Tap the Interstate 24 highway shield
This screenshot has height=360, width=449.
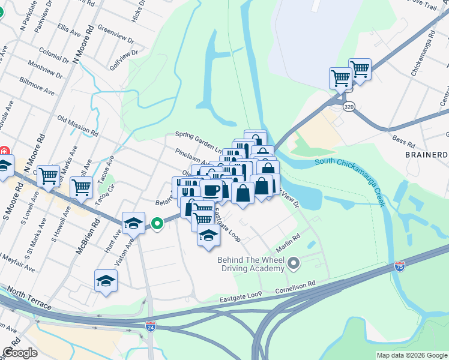pos(150,327)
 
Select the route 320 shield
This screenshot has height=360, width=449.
pos(349,106)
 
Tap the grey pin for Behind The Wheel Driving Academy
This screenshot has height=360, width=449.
pos(294,263)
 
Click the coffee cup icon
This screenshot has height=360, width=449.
pos(211,190)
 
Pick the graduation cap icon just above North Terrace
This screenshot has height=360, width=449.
pos(106,280)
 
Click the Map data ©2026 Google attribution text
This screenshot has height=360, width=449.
pos(412,355)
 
